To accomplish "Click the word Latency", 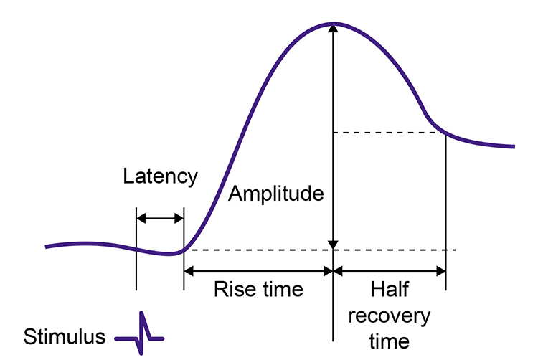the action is click(x=160, y=177).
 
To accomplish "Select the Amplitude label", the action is click(x=276, y=194).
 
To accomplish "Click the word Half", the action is click(x=390, y=289).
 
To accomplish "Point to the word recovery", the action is click(x=390, y=316).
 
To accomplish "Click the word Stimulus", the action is click(x=64, y=336).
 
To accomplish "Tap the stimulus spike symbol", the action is click(x=139, y=333).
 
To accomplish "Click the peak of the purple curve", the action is click(x=334, y=24).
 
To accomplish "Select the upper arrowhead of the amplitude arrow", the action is click(x=333, y=29).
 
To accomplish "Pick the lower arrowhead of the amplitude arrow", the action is click(x=333, y=245).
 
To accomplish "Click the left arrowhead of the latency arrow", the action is click(x=141, y=218).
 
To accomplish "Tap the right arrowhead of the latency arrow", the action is click(x=179, y=218).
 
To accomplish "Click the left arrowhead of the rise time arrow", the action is click(x=189, y=272).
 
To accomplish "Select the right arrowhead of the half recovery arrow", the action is click(x=441, y=272).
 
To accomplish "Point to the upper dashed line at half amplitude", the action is click(x=390, y=133).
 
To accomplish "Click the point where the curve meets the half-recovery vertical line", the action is click(x=446, y=133).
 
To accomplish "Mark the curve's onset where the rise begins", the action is click(x=184, y=250).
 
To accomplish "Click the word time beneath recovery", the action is click(x=390, y=341).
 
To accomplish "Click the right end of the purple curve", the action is click(x=514, y=147).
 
